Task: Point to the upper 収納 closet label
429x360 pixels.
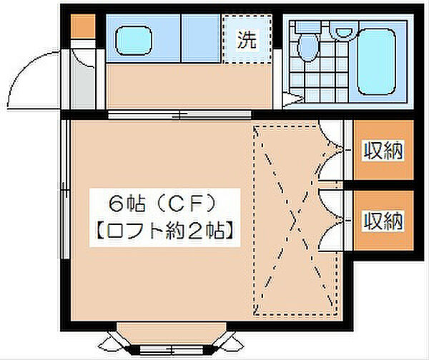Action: [x=383, y=151]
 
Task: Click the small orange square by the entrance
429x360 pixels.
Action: [x=83, y=26]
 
